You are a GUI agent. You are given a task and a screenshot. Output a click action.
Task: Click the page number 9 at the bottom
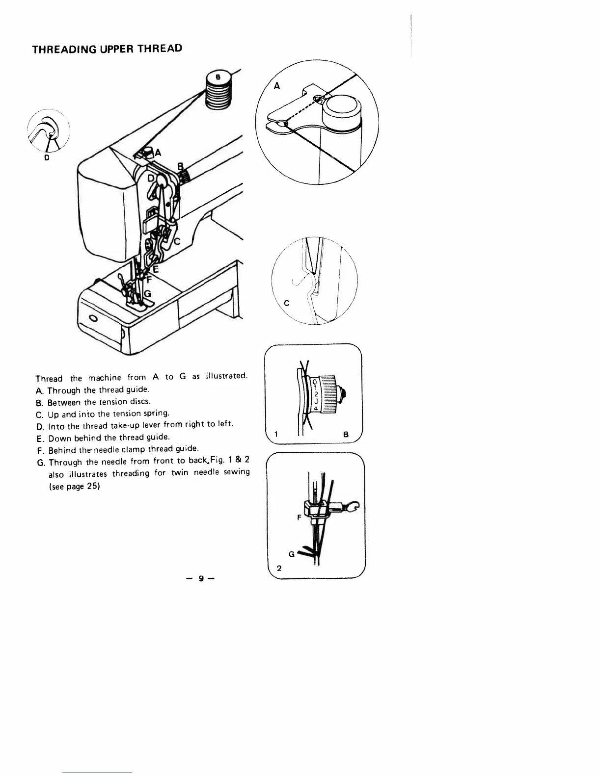click(201, 578)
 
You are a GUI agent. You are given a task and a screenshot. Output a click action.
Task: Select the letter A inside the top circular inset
click(277, 86)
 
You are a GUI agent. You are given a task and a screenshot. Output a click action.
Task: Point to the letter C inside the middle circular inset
click(286, 303)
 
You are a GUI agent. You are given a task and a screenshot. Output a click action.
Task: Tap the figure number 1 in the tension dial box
click(276, 434)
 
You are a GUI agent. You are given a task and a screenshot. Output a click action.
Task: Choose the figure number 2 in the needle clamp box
click(279, 569)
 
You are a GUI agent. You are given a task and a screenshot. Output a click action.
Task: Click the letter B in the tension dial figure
click(346, 434)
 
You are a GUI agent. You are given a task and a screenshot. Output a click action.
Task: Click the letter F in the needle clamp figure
click(299, 517)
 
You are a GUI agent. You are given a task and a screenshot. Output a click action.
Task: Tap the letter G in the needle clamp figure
click(291, 554)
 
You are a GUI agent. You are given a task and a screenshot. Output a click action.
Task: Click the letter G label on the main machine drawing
click(147, 294)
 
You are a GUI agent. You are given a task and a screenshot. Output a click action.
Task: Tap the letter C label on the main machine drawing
click(177, 241)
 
